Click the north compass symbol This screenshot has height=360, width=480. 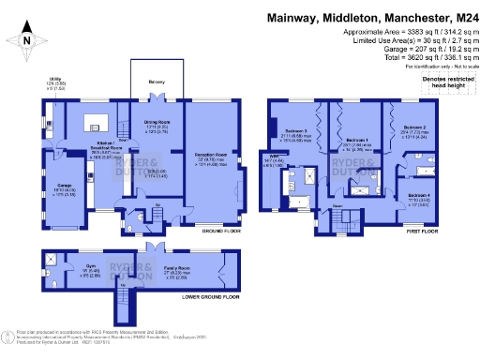pos(27,39)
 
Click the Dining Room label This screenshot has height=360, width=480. pos(156,123)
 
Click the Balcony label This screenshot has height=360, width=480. pos(156,82)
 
